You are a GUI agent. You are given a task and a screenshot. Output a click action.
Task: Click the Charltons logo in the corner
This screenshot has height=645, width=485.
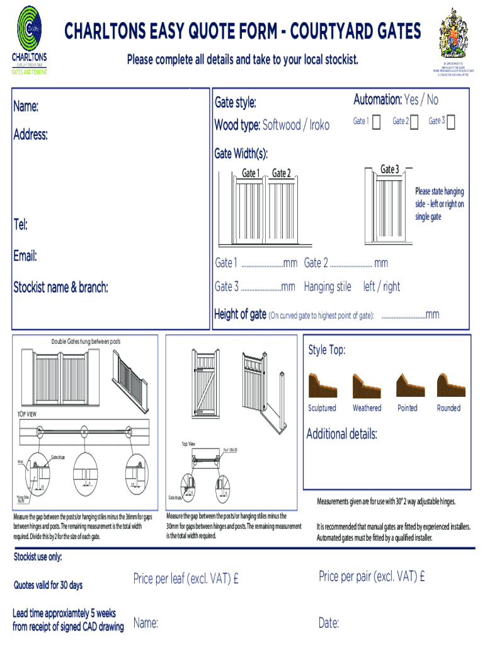pyautogui.click(x=30, y=39)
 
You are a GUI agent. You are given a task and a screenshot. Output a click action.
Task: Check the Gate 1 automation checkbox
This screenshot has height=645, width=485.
pyautogui.click(x=376, y=121)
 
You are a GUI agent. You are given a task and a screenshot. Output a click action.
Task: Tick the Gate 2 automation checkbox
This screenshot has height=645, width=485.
pyautogui.click(x=414, y=121)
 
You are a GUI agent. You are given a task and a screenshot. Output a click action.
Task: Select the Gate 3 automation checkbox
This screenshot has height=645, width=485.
pyautogui.click(x=450, y=121)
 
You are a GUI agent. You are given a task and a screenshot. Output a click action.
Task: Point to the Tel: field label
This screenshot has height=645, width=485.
pyautogui.click(x=21, y=224)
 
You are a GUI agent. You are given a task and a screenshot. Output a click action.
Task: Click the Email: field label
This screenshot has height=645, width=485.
pyautogui.click(x=25, y=256)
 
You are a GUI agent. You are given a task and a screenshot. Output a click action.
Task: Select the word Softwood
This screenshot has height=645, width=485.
pyautogui.click(x=282, y=125)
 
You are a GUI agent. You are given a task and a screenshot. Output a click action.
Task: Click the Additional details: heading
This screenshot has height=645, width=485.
pyautogui.click(x=341, y=434)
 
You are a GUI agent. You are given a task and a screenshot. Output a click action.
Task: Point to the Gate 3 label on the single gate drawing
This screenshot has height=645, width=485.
pyautogui.click(x=389, y=169)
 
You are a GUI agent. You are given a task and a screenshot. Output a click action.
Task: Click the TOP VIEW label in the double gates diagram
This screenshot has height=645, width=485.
pyautogui.click(x=26, y=414)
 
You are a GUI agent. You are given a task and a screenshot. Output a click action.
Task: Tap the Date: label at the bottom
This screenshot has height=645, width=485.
pyautogui.click(x=329, y=624)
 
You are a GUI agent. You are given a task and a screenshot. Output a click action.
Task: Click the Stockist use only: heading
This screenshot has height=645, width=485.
pyautogui.click(x=38, y=557)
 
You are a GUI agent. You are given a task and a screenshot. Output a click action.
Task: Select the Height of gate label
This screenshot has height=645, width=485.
pyautogui.click(x=240, y=314)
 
